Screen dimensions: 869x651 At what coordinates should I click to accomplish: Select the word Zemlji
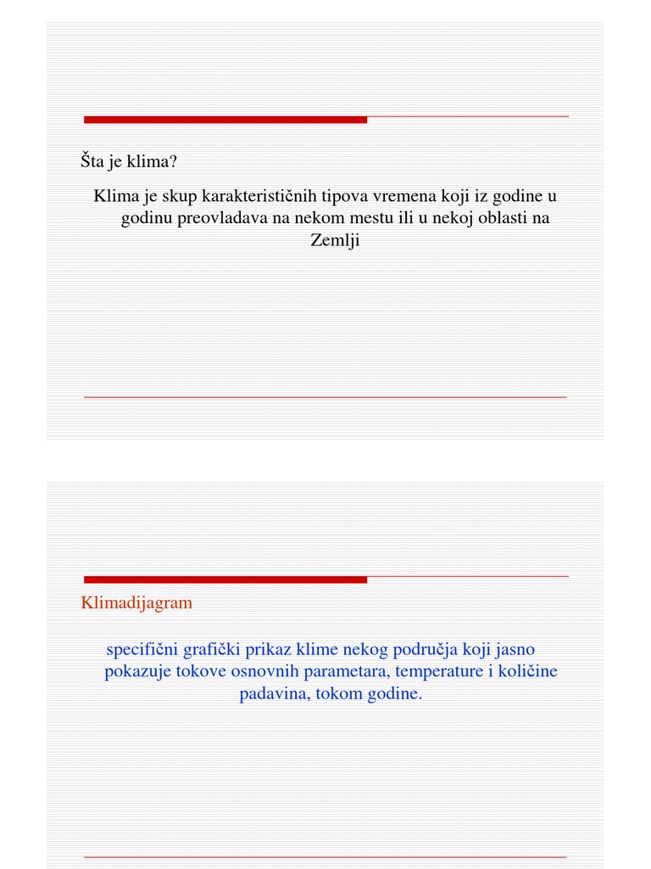click(x=336, y=240)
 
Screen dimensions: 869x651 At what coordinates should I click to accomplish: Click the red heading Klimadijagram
click(x=136, y=603)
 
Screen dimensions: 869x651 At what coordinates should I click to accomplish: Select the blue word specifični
click(x=142, y=649)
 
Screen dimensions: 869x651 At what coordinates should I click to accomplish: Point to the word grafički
click(x=212, y=649)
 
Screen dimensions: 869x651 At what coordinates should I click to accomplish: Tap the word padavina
click(x=271, y=693)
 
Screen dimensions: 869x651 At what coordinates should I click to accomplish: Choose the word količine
click(x=527, y=671)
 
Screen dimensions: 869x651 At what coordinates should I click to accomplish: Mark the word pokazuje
click(x=137, y=671)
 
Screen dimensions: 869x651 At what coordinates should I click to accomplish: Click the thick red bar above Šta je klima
click(x=225, y=120)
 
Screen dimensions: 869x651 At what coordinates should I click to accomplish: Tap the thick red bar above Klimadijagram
click(x=225, y=580)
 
